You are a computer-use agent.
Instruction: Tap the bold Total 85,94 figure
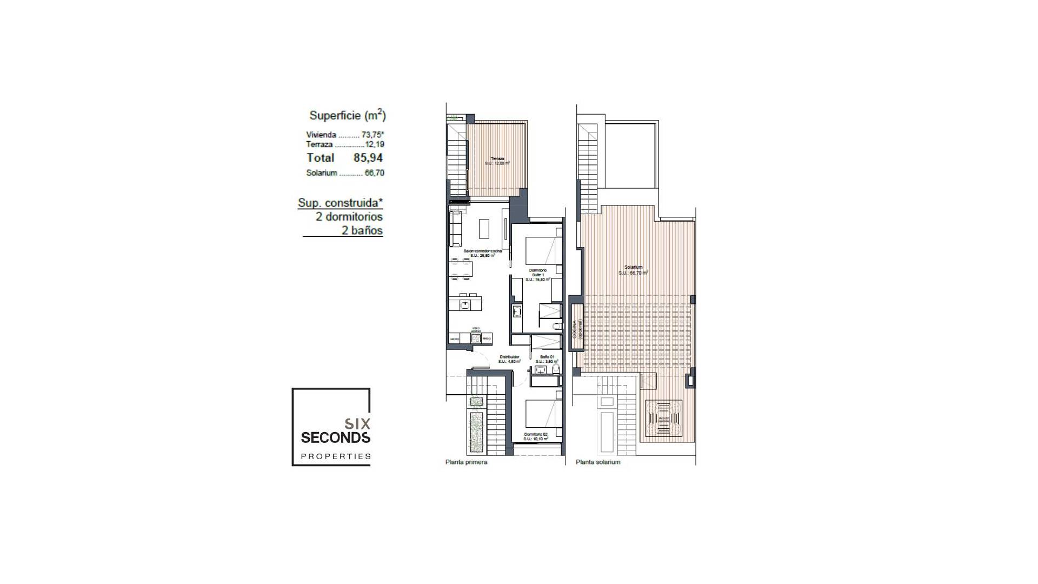coord(368,158)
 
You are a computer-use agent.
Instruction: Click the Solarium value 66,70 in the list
coord(374,173)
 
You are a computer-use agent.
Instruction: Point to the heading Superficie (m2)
coord(347,115)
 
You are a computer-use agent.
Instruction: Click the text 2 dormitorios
coord(349,217)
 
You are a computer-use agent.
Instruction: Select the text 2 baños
coord(362,231)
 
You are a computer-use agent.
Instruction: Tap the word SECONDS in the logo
coord(335,437)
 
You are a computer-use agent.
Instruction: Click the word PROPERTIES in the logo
coord(336,456)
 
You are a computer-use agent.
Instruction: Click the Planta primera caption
coord(466,462)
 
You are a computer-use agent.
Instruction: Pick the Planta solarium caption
coord(598,462)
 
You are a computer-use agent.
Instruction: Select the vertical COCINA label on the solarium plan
coord(575,329)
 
